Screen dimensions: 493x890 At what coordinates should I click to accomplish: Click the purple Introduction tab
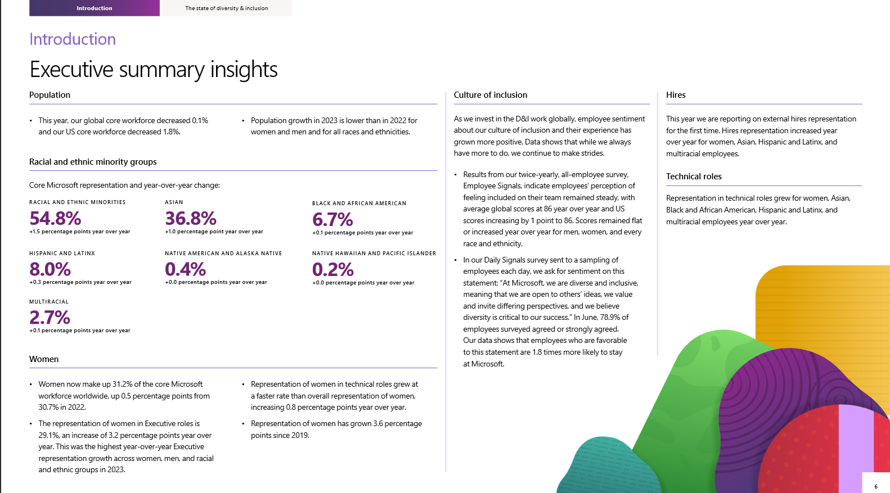[x=95, y=8]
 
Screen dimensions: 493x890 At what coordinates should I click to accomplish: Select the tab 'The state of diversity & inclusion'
[x=226, y=8]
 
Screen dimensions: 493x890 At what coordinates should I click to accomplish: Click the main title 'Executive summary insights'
[x=154, y=70]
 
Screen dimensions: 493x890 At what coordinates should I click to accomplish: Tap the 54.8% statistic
[x=55, y=218]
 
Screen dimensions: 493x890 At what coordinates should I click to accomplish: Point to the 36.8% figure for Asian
[x=191, y=218]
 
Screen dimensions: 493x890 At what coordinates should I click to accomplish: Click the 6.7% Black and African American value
[x=332, y=219]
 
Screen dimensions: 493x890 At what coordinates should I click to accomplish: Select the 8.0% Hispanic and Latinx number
[x=50, y=269]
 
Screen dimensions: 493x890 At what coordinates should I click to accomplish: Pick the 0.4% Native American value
[x=185, y=269]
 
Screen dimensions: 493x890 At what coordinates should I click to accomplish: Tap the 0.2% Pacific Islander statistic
[x=332, y=270]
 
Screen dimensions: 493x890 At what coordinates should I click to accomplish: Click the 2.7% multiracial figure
[x=50, y=318]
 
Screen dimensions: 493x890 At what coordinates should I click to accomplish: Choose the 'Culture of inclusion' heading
[x=491, y=95]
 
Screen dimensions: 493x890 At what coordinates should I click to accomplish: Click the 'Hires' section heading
[x=676, y=95]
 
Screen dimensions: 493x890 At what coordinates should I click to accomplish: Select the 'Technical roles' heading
[x=694, y=177]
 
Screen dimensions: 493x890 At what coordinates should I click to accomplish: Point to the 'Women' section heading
[x=44, y=359]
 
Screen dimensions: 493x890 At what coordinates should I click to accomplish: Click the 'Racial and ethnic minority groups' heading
[x=93, y=162]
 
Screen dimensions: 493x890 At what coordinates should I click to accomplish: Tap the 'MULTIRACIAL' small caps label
[x=49, y=302]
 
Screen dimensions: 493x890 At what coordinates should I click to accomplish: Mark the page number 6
[x=876, y=486]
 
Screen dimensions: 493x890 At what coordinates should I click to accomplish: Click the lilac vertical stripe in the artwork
[x=855, y=444]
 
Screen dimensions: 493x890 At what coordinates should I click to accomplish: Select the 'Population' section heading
[x=50, y=95]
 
